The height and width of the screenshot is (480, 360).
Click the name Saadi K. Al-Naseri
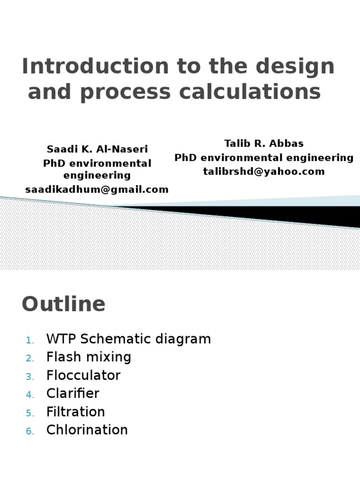click(x=97, y=149)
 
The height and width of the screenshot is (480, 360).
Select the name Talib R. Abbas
click(x=263, y=144)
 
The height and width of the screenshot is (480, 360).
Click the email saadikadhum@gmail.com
click(x=97, y=189)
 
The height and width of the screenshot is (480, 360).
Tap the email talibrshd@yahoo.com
click(x=263, y=171)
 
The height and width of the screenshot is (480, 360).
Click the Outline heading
click(x=64, y=304)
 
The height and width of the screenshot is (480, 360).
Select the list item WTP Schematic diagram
click(x=128, y=339)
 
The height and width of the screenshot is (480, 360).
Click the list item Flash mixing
click(x=89, y=357)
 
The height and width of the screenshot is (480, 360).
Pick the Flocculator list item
click(x=83, y=375)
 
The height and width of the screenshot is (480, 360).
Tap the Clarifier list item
click(x=73, y=394)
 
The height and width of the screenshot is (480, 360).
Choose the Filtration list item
click(x=75, y=412)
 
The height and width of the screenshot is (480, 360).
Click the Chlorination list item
click(x=87, y=430)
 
